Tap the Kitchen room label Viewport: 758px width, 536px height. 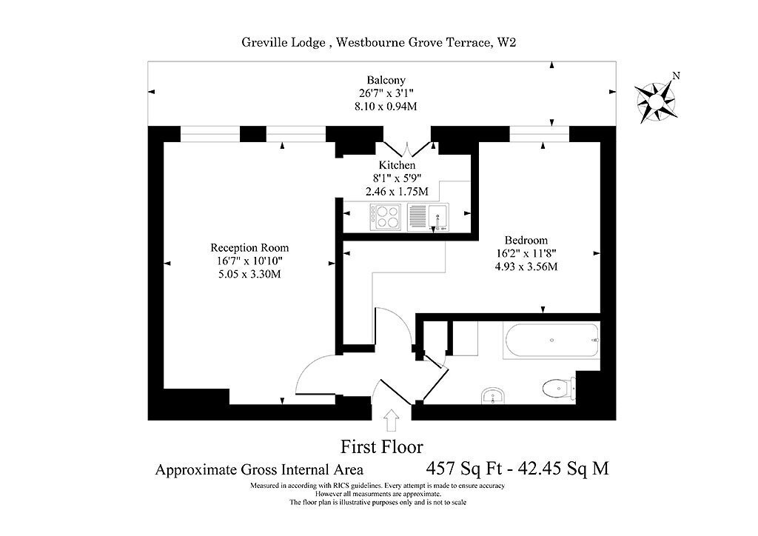(x=397, y=165)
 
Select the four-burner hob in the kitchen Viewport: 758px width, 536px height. (x=385, y=216)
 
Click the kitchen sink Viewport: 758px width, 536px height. (x=428, y=217)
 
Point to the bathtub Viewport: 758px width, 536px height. (x=551, y=341)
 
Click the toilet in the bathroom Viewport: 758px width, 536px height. (x=558, y=389)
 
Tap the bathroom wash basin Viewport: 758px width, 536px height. (x=492, y=396)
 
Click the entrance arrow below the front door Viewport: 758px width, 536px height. (x=391, y=420)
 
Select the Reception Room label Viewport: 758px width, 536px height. (x=249, y=248)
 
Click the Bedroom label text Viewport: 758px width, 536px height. (x=526, y=240)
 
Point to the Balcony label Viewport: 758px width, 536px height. (x=386, y=80)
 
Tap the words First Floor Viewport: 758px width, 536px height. (x=382, y=446)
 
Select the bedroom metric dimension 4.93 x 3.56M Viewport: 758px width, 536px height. (x=526, y=267)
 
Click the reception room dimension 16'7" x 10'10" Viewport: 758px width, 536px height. (x=249, y=261)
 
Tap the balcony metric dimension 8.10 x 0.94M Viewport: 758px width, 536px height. (x=386, y=107)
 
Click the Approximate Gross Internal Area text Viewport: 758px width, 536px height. (x=259, y=469)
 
